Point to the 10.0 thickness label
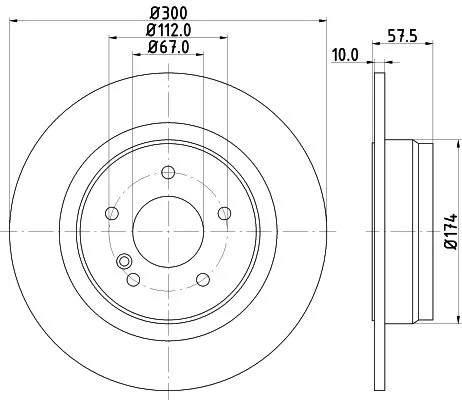pyautogui.click(x=346, y=55)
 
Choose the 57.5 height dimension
pyautogui.click(x=401, y=39)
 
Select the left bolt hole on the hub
pyautogui.click(x=111, y=213)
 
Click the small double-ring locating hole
pyautogui.click(x=125, y=262)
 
